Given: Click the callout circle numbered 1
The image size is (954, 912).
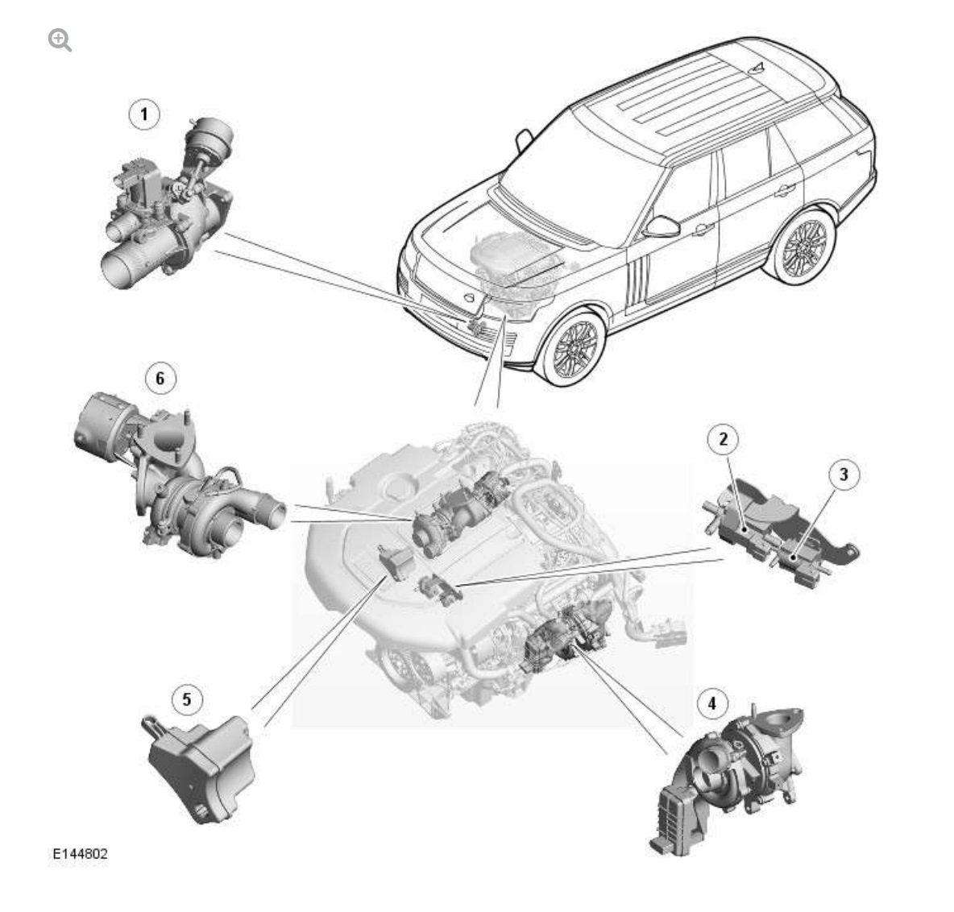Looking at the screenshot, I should pos(144,114).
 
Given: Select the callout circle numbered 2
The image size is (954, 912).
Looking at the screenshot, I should pos(723,439).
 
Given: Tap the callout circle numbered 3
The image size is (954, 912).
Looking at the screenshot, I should pos(844,474).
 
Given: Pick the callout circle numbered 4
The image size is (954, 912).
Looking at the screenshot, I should pos(711,703).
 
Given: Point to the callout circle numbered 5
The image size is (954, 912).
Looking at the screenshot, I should pos(187,699).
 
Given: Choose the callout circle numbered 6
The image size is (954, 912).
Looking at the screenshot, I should pos(160,378).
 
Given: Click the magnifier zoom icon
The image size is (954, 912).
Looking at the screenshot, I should pos(60,39).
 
